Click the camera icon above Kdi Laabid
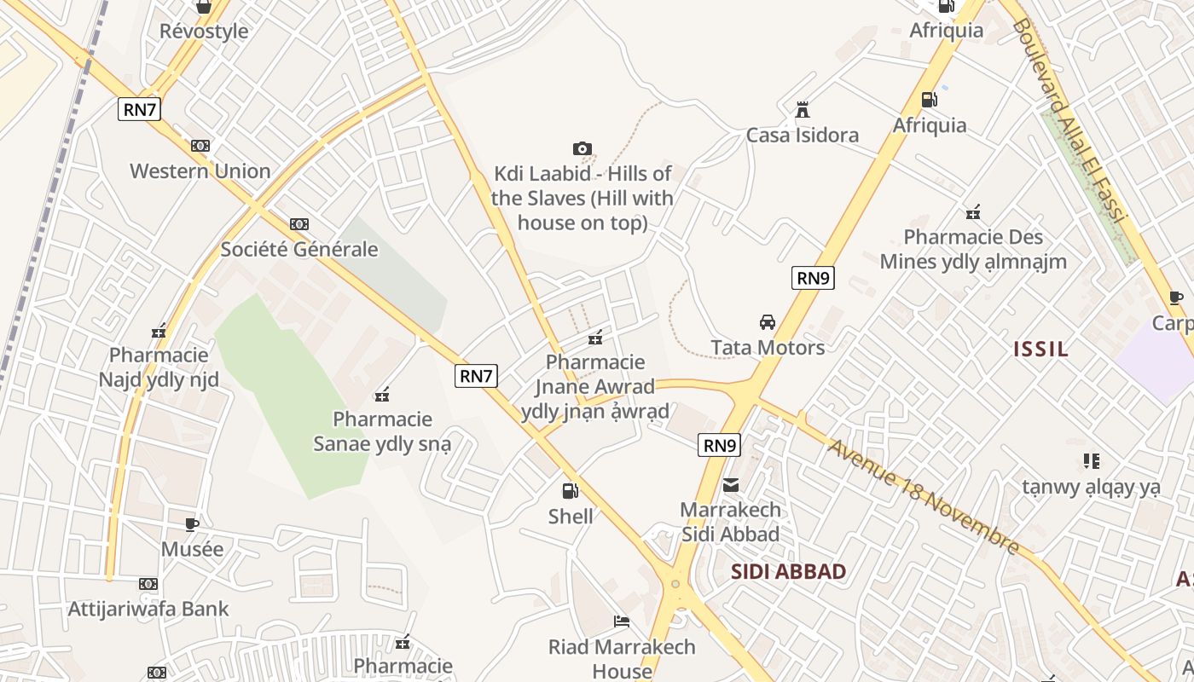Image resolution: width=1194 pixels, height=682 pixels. click(583, 149)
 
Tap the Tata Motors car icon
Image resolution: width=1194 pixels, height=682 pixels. click(768, 322)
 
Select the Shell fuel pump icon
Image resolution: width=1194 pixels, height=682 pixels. click(571, 491)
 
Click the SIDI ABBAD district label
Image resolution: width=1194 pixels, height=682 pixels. click(788, 572)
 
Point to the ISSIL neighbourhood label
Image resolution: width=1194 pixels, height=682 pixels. click(1040, 349)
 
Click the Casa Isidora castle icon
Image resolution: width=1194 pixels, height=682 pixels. click(802, 110)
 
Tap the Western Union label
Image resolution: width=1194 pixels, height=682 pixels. click(200, 170)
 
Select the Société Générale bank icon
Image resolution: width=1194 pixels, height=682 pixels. click(298, 224)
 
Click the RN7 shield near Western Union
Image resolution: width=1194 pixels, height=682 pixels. click(141, 109)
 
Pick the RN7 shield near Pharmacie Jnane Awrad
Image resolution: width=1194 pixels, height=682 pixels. click(476, 376)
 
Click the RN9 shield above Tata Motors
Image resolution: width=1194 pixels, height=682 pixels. click(813, 278)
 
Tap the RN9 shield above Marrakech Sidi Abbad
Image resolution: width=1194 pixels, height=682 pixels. click(719, 445)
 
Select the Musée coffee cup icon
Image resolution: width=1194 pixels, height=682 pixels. click(192, 524)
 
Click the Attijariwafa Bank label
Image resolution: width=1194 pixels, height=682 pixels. click(148, 609)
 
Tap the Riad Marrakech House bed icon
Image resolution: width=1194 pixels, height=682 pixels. click(622, 621)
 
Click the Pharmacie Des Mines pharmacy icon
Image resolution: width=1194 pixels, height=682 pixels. click(973, 212)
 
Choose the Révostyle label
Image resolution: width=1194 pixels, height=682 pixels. click(204, 32)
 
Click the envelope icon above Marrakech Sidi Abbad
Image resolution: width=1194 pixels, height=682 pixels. click(731, 485)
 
